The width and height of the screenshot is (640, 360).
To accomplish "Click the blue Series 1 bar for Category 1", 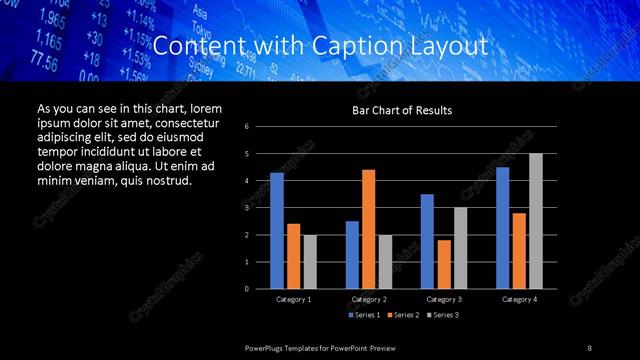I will tap(277, 231).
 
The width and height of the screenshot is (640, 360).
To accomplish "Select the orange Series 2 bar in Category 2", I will tap(368, 229).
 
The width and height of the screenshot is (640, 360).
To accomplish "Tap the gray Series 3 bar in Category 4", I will tap(536, 221).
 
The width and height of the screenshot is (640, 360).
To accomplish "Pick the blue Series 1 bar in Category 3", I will tap(427, 241).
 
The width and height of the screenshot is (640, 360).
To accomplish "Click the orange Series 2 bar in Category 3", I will tap(444, 264).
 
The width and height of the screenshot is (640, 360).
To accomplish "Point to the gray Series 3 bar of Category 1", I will tap(310, 262).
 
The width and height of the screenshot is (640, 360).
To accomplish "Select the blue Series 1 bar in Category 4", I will tap(502, 228).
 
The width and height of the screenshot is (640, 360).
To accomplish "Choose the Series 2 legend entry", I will tap(402, 315).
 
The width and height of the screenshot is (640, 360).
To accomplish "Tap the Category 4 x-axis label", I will tap(518, 299).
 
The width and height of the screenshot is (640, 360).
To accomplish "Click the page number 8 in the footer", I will tap(589, 347).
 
